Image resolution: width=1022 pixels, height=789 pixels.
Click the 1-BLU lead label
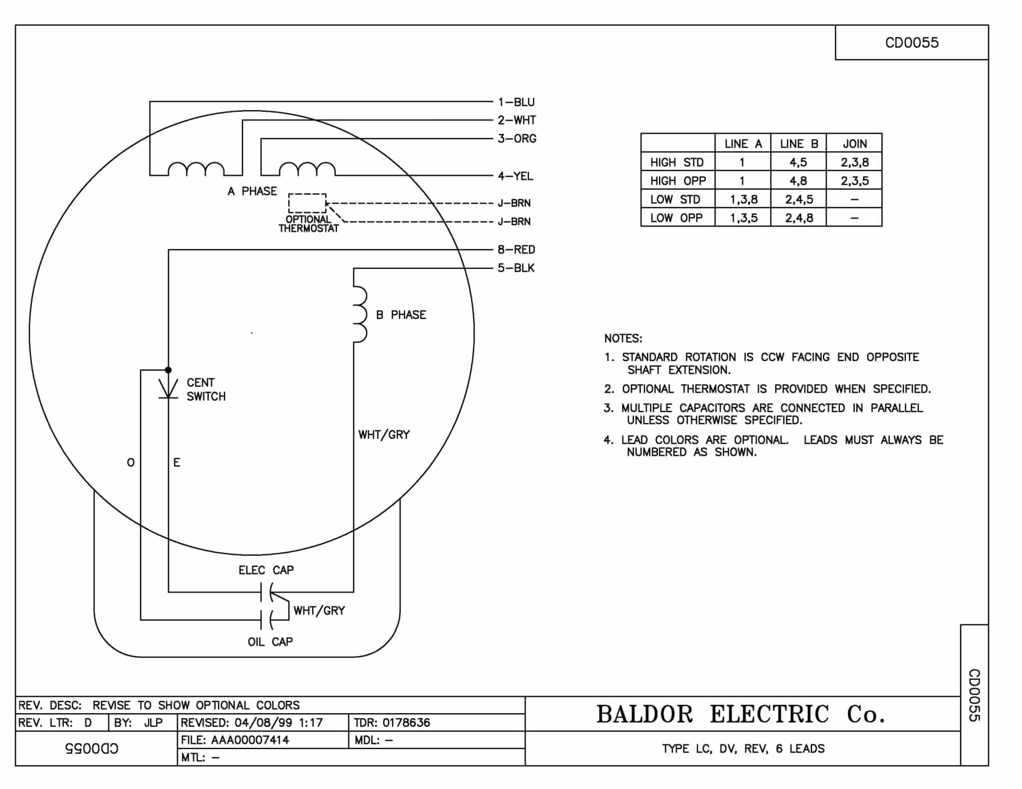(516, 102)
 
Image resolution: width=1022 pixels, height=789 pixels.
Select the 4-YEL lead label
(515, 176)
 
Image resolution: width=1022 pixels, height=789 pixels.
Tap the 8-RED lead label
(516, 249)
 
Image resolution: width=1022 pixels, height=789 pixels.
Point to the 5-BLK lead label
(515, 268)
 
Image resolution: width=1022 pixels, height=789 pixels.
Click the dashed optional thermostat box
(307, 203)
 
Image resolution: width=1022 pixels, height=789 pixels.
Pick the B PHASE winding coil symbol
(359, 314)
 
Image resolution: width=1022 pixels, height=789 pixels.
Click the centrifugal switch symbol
(168, 389)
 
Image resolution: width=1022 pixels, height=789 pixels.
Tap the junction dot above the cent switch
(168, 370)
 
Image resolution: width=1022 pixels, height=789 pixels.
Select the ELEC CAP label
(266, 570)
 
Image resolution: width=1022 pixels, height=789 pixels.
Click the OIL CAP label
(270, 642)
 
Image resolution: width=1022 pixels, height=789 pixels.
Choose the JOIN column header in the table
(854, 144)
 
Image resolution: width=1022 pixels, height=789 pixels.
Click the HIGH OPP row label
(678, 181)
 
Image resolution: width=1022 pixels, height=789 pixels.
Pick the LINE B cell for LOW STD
(798, 199)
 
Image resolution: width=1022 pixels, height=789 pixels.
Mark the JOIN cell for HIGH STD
(854, 162)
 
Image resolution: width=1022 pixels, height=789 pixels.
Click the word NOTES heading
(623, 339)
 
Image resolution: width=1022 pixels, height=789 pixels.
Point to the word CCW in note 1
(772, 357)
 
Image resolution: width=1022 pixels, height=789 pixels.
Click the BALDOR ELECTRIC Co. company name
(741, 714)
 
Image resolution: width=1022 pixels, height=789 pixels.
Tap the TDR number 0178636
(406, 723)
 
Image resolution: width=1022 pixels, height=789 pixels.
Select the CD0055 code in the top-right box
(911, 43)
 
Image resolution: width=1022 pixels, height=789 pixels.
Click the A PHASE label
(252, 191)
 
